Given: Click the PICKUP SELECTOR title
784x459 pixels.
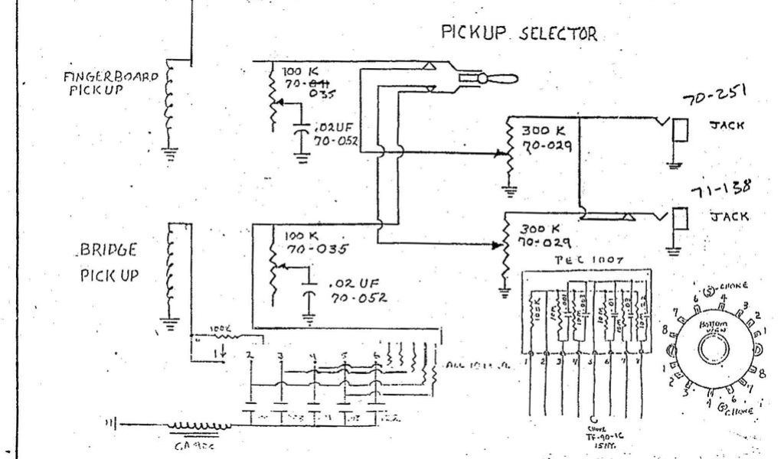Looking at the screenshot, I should pyautogui.click(x=520, y=34).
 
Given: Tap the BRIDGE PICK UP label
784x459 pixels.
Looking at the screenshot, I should pyautogui.click(x=108, y=262).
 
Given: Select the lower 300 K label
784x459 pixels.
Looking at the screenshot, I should pyautogui.click(x=541, y=229).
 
